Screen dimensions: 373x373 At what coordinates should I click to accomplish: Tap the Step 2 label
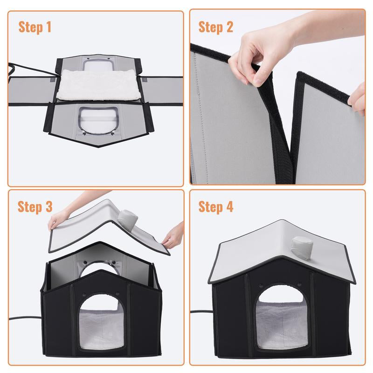tap(215, 27)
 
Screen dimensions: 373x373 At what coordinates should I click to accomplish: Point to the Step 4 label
tap(215, 207)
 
